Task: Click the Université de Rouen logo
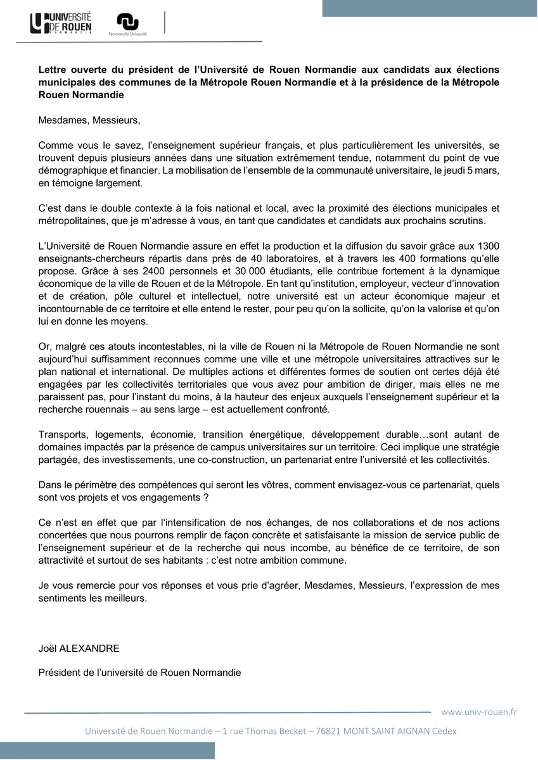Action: [x=61, y=23]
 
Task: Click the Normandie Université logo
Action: [x=127, y=24]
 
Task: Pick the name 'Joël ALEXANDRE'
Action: [x=79, y=649]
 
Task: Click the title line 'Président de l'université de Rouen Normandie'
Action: [x=139, y=672]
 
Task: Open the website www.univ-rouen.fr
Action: [x=478, y=712]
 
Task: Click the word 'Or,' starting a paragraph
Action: [x=46, y=347]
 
